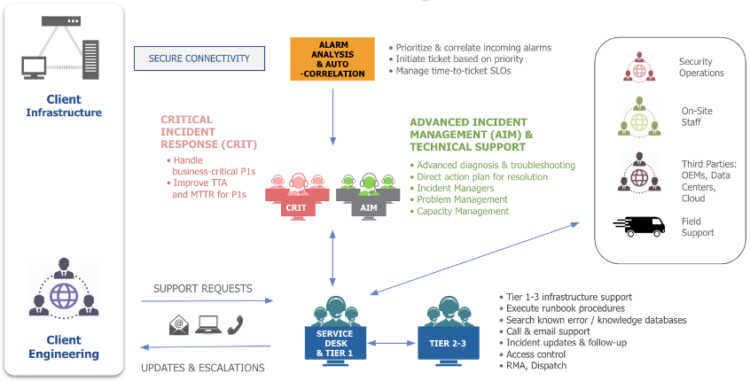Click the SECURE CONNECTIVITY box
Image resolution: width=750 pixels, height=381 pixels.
(x=199, y=58)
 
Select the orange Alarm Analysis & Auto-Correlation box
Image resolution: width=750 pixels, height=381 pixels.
(x=333, y=58)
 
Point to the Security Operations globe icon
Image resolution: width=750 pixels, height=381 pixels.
(x=640, y=67)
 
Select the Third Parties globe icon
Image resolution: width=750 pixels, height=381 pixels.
(x=640, y=174)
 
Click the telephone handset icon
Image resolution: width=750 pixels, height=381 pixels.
(x=236, y=325)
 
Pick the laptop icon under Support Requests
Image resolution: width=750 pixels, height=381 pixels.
(x=207, y=325)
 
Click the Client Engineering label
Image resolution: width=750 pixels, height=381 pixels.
(x=63, y=346)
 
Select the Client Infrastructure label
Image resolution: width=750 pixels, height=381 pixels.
(x=63, y=106)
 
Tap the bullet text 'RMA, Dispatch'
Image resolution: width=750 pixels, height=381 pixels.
(x=535, y=365)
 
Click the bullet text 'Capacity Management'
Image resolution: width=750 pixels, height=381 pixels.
(x=463, y=211)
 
